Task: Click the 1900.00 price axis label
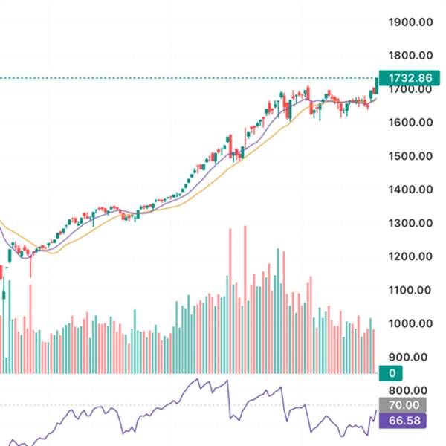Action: (411, 22)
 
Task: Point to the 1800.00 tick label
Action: (411, 56)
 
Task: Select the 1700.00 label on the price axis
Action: (411, 89)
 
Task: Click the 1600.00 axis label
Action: (411, 123)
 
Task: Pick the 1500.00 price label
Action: (411, 156)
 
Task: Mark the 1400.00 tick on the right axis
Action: (411, 190)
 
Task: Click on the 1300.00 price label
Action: (411, 223)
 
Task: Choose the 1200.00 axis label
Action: (411, 256)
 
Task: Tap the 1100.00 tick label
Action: (411, 290)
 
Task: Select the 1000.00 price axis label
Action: (411, 323)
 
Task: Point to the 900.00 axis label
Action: (415, 357)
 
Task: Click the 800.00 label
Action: (415, 390)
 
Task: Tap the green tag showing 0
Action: (391, 373)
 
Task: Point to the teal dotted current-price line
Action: (186, 78)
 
